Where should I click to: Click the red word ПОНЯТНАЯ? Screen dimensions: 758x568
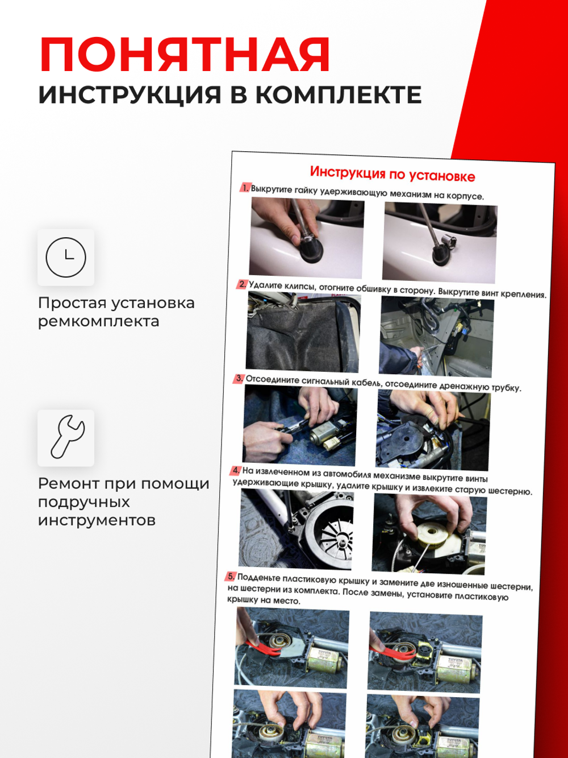(x=185, y=55)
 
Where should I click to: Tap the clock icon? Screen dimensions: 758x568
(x=66, y=258)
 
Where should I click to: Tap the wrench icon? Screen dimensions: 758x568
(x=66, y=438)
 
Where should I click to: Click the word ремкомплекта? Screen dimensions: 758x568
(x=98, y=321)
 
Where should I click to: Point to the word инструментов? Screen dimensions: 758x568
(x=97, y=520)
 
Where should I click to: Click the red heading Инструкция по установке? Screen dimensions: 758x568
(x=392, y=173)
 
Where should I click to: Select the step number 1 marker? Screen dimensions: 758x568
(x=245, y=188)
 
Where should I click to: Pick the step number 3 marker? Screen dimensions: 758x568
(x=239, y=378)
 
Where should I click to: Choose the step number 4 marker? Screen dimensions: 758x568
(x=236, y=470)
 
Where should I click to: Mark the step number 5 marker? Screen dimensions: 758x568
(x=231, y=577)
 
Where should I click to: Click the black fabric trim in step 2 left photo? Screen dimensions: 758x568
(x=295, y=335)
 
